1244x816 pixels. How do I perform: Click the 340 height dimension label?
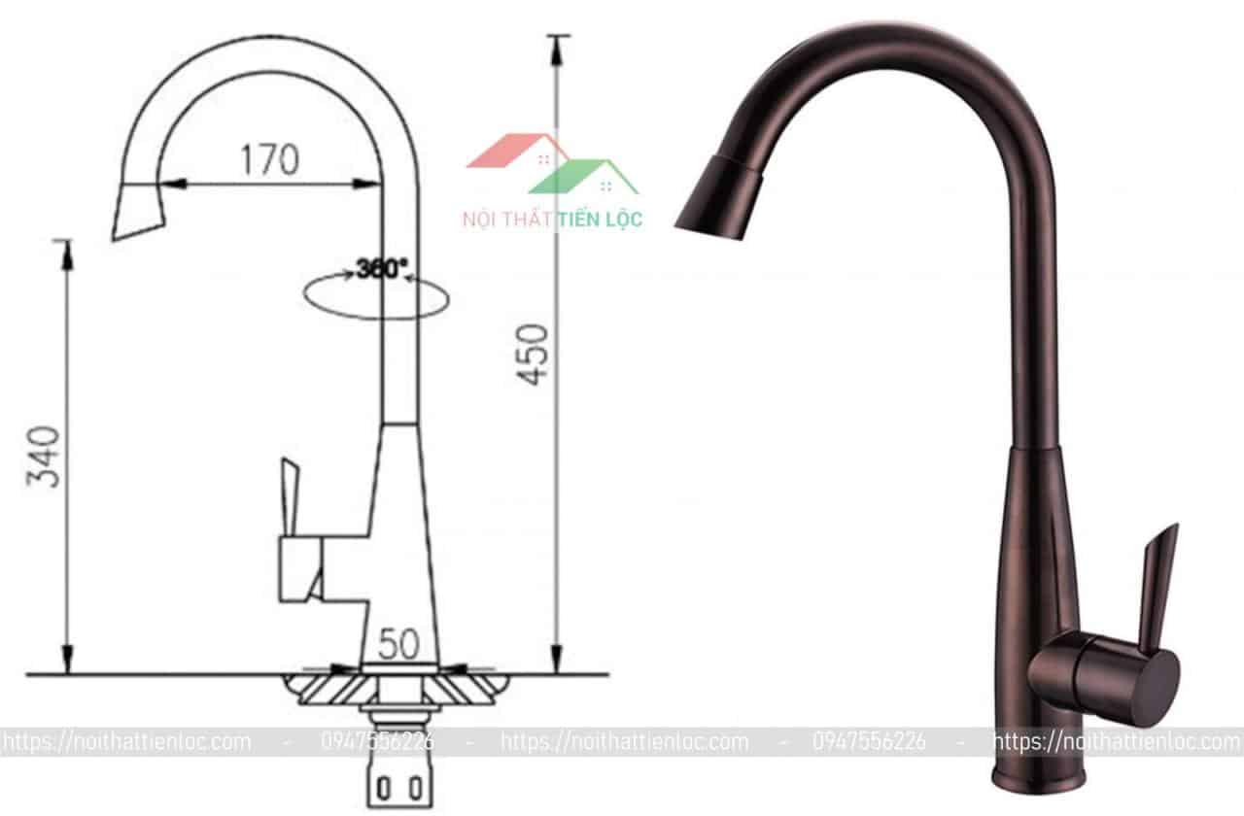point(47,456)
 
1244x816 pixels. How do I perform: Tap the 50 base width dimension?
point(398,643)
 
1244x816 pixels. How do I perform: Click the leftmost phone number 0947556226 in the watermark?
point(378,742)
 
